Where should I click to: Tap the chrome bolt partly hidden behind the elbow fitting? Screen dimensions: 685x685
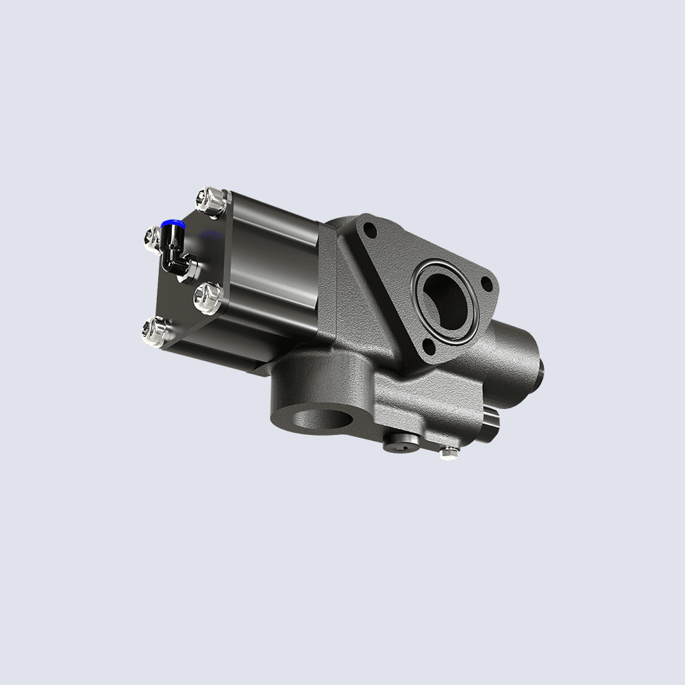coord(152,237)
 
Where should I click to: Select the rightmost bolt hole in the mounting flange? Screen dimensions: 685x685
coord(487,282)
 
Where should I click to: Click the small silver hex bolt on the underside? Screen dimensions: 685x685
coord(449,451)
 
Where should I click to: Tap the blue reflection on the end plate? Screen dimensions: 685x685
coord(209,237)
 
